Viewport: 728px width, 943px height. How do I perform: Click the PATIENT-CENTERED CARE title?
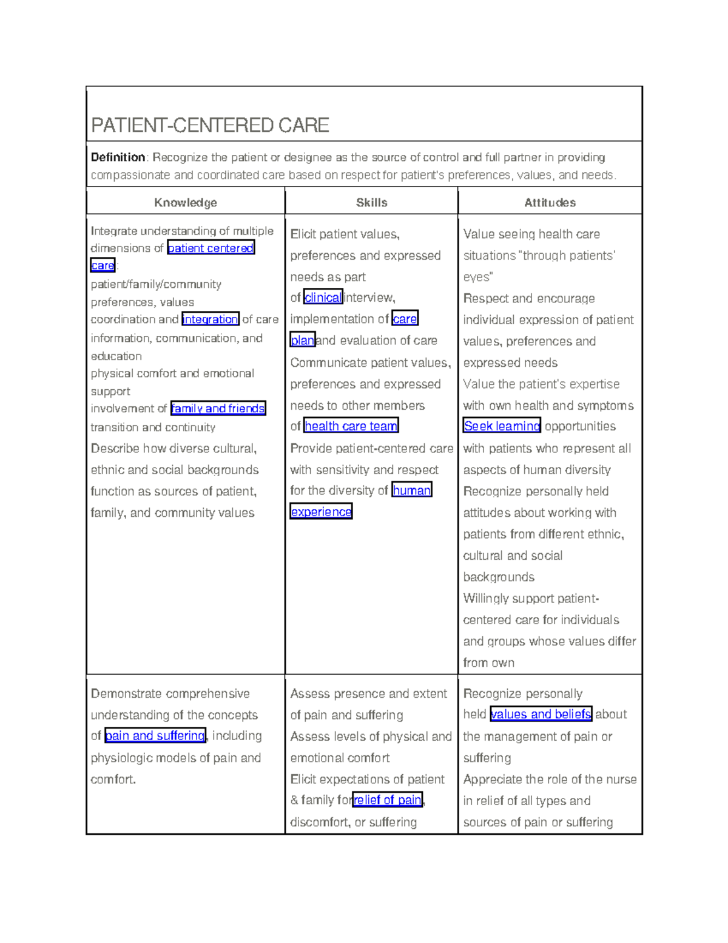click(x=210, y=125)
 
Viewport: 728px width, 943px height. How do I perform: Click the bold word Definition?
click(x=118, y=157)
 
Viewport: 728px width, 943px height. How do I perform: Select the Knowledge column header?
click(x=185, y=202)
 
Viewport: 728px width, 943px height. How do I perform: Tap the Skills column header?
click(x=371, y=202)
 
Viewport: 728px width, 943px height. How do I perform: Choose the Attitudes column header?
click(x=550, y=202)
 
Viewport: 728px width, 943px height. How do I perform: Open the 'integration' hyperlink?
click(x=210, y=319)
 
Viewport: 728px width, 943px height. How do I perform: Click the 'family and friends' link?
click(x=218, y=409)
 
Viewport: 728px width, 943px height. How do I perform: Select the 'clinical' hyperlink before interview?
click(x=323, y=298)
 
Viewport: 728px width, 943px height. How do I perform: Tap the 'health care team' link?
click(x=351, y=426)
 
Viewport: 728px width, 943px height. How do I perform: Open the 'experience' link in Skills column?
click(x=321, y=512)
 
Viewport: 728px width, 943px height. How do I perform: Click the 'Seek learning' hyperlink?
click(x=501, y=426)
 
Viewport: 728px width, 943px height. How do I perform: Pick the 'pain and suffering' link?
click(x=155, y=736)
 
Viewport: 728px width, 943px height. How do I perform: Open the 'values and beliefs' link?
click(x=541, y=714)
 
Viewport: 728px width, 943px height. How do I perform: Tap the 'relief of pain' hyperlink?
click(x=387, y=800)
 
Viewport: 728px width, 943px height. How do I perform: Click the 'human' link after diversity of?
click(x=411, y=490)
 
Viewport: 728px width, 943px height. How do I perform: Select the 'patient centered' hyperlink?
click(x=211, y=248)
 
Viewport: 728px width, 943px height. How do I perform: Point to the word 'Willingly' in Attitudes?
click(x=486, y=599)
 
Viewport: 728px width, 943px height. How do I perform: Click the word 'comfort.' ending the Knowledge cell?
click(x=113, y=779)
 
